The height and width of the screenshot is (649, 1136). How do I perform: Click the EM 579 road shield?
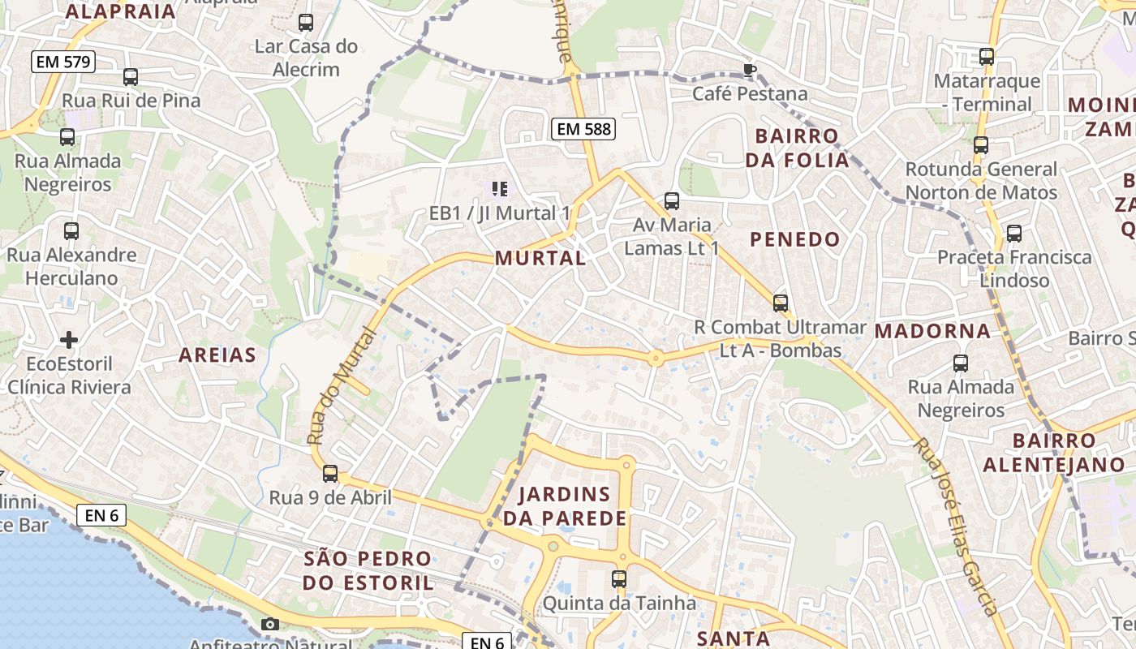click(x=63, y=61)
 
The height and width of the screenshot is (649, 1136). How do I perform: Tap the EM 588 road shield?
click(x=583, y=128)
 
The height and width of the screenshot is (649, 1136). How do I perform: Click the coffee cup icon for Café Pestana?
click(x=750, y=70)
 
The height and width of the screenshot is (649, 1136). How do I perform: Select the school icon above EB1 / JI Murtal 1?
click(x=500, y=189)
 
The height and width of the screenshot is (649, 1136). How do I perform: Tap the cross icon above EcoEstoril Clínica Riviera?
click(x=69, y=339)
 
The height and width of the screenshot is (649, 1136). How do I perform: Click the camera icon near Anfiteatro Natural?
click(x=270, y=624)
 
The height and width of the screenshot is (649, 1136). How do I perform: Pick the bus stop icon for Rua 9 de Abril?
click(x=330, y=474)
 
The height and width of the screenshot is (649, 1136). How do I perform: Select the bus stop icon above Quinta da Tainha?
click(x=619, y=579)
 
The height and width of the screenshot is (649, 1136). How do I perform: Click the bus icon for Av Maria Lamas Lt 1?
click(x=672, y=200)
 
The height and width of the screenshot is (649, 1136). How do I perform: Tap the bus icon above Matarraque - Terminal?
click(x=987, y=57)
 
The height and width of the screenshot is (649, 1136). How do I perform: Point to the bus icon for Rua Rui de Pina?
click(x=131, y=77)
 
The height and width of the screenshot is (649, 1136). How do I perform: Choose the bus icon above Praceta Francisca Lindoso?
click(x=1014, y=234)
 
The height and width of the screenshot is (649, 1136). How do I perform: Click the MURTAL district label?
click(x=540, y=259)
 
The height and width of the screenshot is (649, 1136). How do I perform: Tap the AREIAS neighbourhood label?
click(x=217, y=355)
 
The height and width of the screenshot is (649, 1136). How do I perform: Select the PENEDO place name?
click(x=794, y=239)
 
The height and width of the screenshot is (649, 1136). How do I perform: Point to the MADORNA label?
click(x=932, y=331)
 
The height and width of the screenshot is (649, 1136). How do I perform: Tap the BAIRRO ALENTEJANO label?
click(x=1053, y=453)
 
